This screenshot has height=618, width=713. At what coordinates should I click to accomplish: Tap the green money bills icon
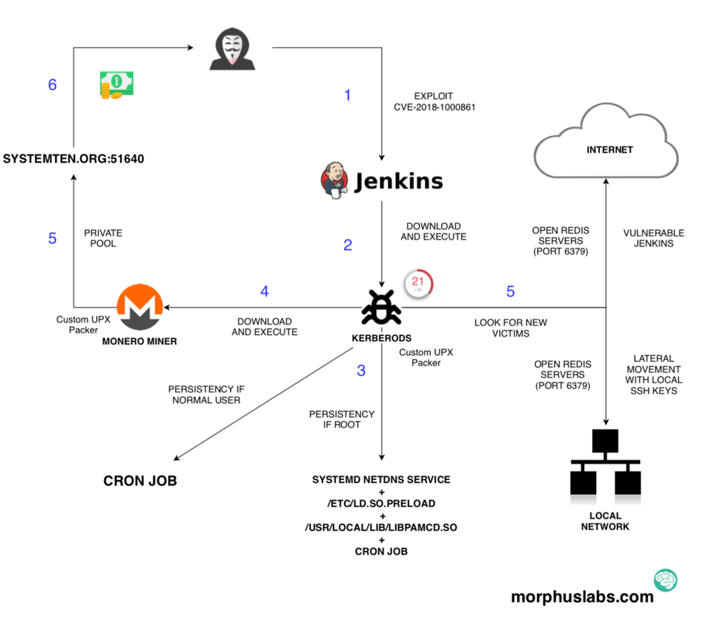pyautogui.click(x=116, y=85)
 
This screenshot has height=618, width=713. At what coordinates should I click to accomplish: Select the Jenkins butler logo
pyautogui.click(x=334, y=180)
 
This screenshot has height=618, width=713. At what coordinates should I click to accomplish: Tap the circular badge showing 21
pyautogui.click(x=417, y=284)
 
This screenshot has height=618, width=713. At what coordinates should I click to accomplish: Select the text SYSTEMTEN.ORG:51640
pyautogui.click(x=74, y=159)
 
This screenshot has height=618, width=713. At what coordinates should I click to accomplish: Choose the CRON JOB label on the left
pyautogui.click(x=140, y=481)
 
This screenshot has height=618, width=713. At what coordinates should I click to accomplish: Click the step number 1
pyautogui.click(x=347, y=95)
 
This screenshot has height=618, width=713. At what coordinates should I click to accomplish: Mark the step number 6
pyautogui.click(x=53, y=85)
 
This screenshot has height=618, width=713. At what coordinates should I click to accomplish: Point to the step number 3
pyautogui.click(x=361, y=371)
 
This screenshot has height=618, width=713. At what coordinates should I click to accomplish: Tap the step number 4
pyautogui.click(x=264, y=292)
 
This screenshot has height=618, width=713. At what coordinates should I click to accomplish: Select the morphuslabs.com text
pyautogui.click(x=582, y=597)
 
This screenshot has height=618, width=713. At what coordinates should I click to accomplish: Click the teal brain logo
pyautogui.click(x=665, y=580)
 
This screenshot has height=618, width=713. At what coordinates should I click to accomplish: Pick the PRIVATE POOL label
pyautogui.click(x=103, y=238)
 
